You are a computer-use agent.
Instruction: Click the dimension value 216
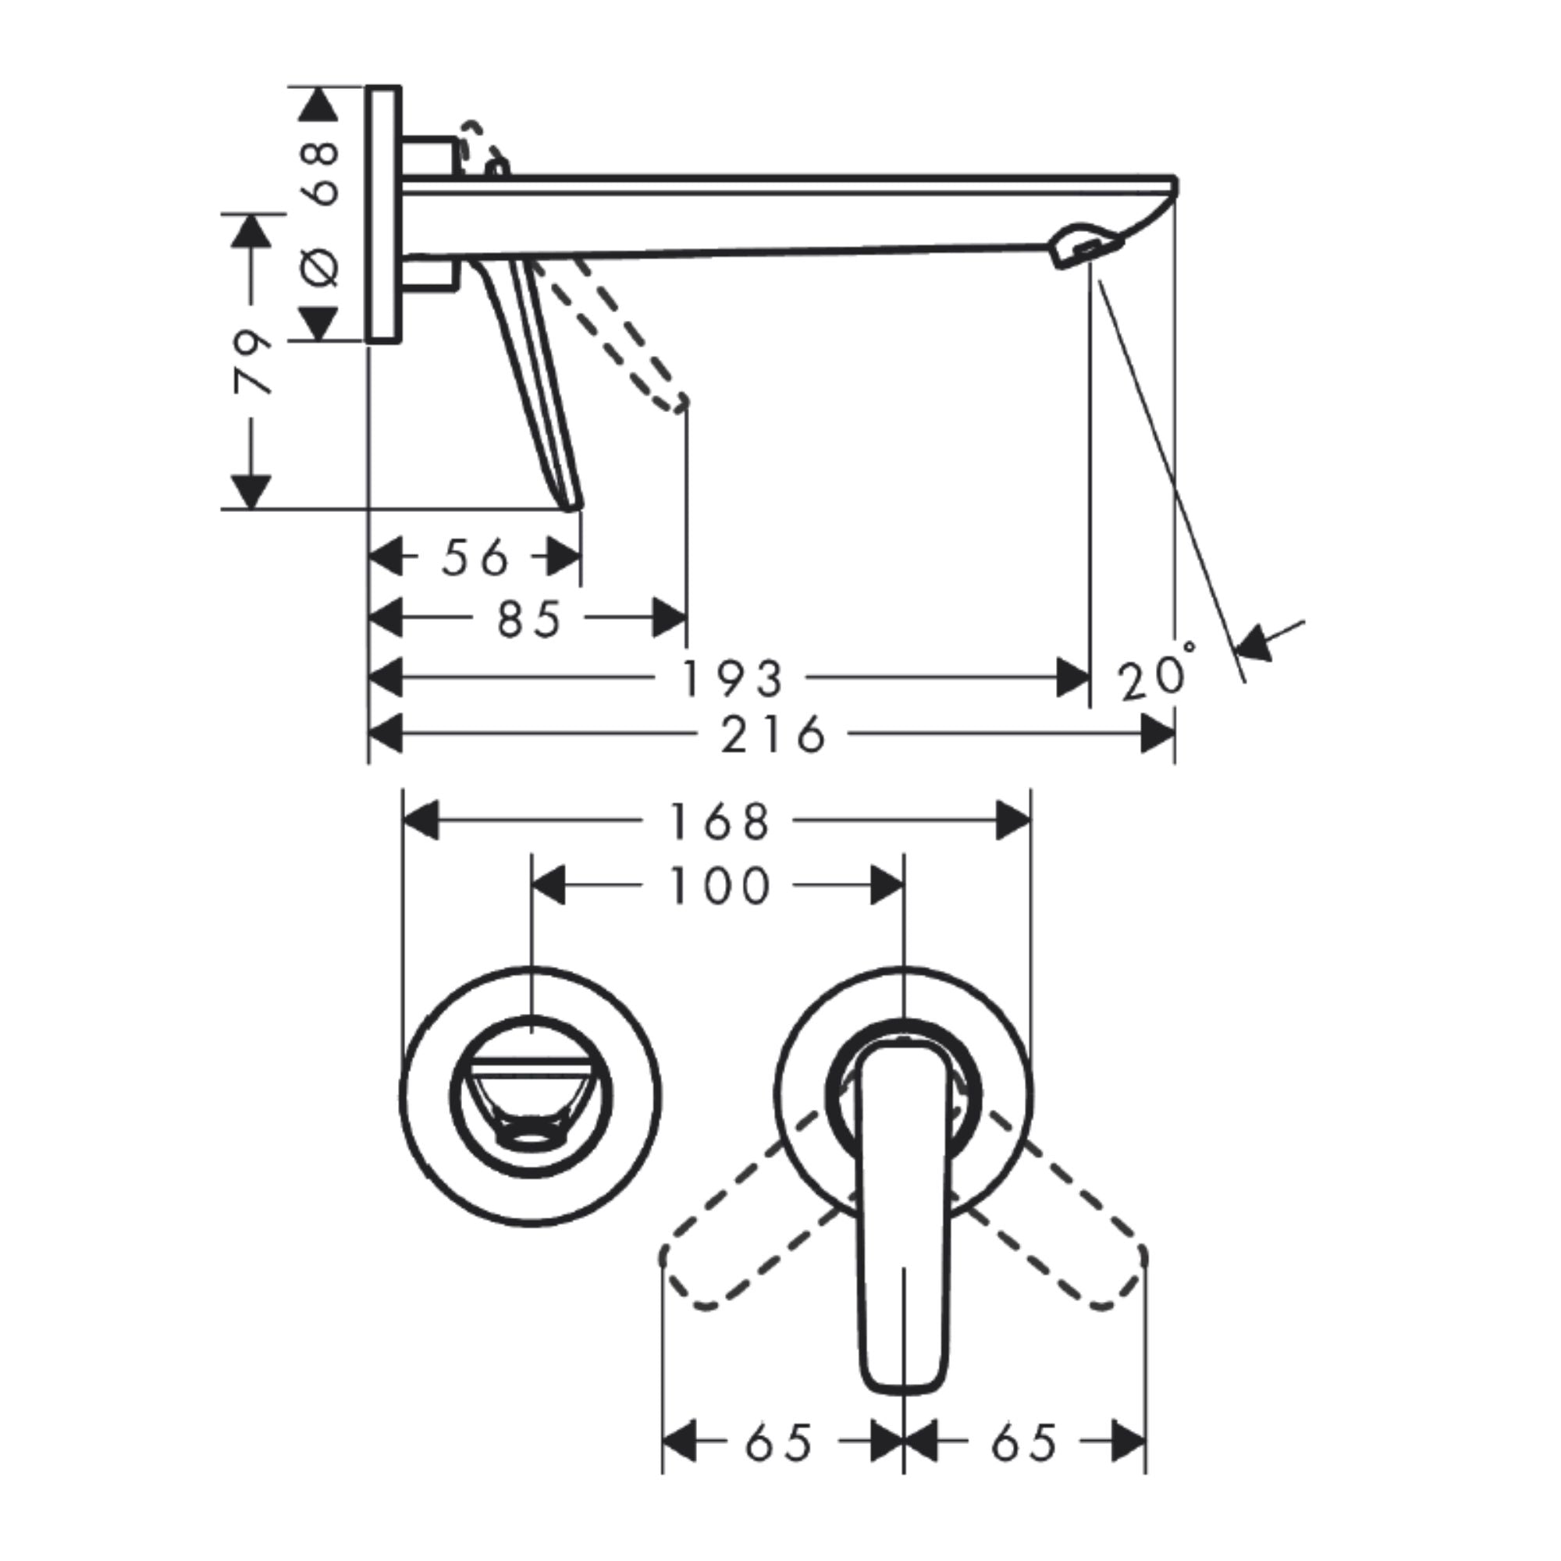pyautogui.click(x=773, y=735)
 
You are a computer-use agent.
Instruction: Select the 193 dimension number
pyautogui.click(x=733, y=679)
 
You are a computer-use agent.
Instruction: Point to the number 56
pyautogui.click(x=476, y=558)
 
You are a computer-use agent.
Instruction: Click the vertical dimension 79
pyautogui.click(x=252, y=361)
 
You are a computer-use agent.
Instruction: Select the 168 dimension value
pyautogui.click(x=719, y=822)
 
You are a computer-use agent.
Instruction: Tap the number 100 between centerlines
pyautogui.click(x=719, y=887)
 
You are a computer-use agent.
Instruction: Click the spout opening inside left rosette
pyautogui.click(x=531, y=1140)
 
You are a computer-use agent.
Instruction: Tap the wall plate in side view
pyautogui.click(x=383, y=214)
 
